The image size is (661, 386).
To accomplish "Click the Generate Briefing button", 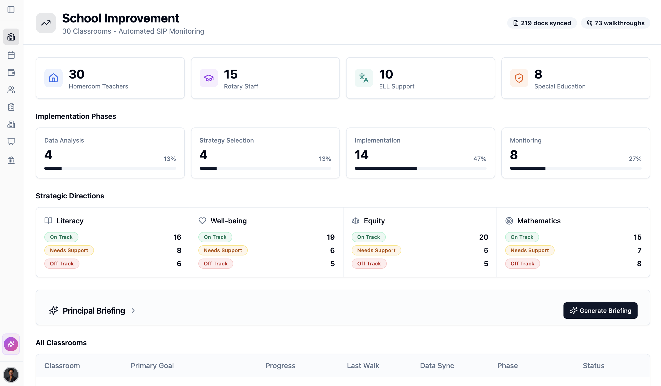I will click(x=600, y=310).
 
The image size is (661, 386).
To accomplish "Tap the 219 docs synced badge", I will click(x=542, y=23).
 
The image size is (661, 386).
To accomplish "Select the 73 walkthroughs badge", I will click(x=615, y=23).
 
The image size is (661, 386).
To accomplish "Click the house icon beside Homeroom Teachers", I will click(x=53, y=78).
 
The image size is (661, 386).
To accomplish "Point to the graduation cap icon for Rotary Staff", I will click(x=209, y=78).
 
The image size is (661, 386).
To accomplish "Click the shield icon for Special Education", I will click(x=519, y=78).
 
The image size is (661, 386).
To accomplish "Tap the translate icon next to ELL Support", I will click(x=364, y=78).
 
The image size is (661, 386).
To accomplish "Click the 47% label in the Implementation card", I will click(x=479, y=159).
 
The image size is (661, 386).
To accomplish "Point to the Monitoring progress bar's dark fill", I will click(x=527, y=168).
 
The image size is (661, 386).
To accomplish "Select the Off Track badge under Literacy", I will click(x=62, y=263).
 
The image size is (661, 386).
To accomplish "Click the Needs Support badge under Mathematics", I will click(x=530, y=250).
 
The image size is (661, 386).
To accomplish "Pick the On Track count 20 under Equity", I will click(x=484, y=237).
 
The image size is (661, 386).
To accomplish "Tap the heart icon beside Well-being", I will click(x=202, y=221).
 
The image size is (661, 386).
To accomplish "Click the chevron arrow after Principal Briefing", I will click(x=133, y=311).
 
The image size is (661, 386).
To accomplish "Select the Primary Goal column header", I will click(x=152, y=366).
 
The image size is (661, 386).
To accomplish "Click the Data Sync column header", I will click(x=437, y=366).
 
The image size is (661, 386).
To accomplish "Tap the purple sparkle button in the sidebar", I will click(x=11, y=344).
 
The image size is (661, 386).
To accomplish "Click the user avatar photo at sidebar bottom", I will click(x=11, y=375).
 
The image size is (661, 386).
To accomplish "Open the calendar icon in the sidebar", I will click(x=11, y=55).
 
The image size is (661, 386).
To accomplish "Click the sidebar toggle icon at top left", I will click(x=11, y=10).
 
